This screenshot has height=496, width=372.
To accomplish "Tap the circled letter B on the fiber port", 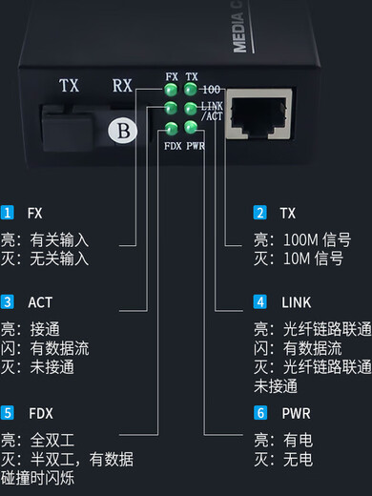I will [x=122, y=131].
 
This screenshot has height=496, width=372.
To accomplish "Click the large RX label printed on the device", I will [x=122, y=85].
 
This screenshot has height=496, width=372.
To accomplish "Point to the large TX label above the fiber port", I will [x=69, y=85].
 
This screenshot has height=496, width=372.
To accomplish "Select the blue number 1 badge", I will [x=8, y=213].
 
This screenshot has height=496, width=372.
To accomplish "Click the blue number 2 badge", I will [x=259, y=213].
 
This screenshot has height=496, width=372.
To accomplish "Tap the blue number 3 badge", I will [x=8, y=301].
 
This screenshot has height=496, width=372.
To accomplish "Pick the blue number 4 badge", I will [x=259, y=301].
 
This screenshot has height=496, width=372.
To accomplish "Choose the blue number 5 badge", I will [x=8, y=413].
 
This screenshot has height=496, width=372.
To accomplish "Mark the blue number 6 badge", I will [x=259, y=413].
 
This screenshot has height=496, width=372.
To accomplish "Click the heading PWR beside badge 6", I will [x=297, y=413].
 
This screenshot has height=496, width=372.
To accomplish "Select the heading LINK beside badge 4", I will [x=297, y=301].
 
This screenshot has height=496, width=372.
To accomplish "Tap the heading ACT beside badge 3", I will [x=41, y=301].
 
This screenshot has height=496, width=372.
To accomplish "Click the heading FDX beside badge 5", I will [x=41, y=413].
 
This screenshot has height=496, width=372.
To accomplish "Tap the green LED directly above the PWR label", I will [x=192, y=128].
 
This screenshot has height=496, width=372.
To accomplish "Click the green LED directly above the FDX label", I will [x=172, y=129].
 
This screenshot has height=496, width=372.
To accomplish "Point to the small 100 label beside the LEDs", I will [x=212, y=89].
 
